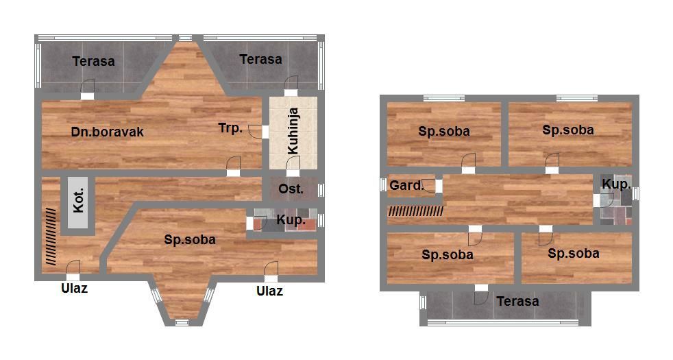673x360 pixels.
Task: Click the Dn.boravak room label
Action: [x=108, y=132]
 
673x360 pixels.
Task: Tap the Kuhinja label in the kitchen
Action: [x=293, y=131]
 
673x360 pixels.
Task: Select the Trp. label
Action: [x=230, y=128]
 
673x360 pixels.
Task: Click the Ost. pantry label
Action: [x=291, y=189]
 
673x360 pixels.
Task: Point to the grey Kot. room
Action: [x=78, y=203]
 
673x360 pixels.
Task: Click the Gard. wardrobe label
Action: [x=406, y=186]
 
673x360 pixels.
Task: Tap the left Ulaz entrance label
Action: [x=74, y=288]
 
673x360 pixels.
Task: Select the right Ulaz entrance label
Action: [x=269, y=291]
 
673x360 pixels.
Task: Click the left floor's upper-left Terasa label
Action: [x=94, y=62]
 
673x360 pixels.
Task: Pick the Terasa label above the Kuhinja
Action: [x=260, y=59]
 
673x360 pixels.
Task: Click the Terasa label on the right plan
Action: [x=517, y=301]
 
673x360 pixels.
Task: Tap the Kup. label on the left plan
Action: [x=291, y=220]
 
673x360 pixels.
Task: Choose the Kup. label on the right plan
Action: [x=616, y=184]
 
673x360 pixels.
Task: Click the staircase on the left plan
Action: [x=51, y=237]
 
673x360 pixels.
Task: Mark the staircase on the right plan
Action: [x=416, y=211]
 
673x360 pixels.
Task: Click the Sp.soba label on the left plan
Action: [x=190, y=240]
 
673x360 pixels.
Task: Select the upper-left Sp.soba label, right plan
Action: [x=444, y=132]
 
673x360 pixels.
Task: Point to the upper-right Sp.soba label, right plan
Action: [x=568, y=130]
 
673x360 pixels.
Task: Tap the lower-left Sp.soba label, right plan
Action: [x=448, y=255]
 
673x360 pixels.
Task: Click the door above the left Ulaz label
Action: [x=73, y=268]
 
